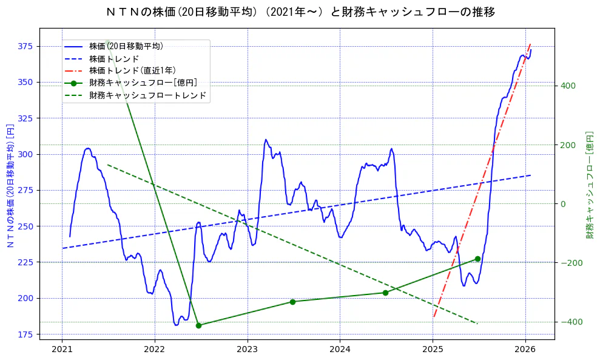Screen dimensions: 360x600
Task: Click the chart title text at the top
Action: (300, 12)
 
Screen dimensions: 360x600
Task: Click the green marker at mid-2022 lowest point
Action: (198, 325)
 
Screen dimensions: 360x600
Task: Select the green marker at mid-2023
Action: (292, 302)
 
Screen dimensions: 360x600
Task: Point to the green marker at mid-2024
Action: (385, 293)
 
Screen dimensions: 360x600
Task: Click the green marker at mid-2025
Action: (477, 259)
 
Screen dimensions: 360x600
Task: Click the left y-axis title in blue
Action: (10, 183)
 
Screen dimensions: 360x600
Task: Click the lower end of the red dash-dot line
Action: (434, 316)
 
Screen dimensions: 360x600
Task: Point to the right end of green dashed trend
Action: (477, 324)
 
